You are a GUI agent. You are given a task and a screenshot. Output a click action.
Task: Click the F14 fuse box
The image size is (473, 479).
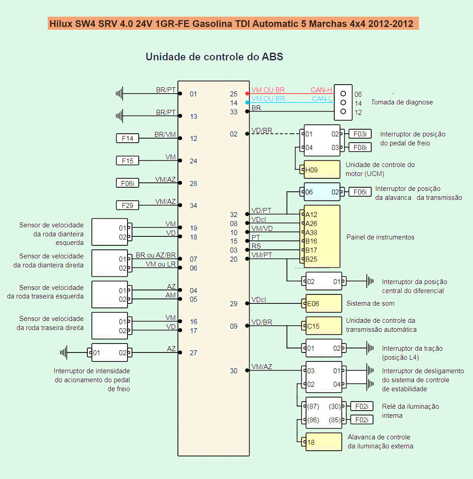click(127, 138)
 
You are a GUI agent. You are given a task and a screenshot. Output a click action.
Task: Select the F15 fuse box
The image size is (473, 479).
click(127, 161)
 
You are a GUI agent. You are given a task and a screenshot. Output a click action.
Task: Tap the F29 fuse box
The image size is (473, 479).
click(127, 205)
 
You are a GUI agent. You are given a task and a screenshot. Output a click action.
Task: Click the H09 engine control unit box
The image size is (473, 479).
click(322, 170)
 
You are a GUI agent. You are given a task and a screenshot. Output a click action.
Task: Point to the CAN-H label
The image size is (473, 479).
click(321, 90)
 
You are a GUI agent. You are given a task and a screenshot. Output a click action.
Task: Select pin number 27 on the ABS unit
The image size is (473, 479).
click(193, 353)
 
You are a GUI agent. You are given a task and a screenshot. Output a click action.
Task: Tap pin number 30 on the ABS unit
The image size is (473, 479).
click(233, 371)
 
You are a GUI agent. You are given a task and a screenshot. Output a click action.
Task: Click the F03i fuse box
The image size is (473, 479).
click(360, 134)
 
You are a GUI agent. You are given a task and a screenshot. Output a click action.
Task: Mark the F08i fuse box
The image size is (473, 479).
click(360, 147)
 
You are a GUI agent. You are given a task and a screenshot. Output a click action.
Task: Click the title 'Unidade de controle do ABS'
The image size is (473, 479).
click(214, 57)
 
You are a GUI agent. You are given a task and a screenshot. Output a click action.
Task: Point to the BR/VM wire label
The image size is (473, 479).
click(165, 134)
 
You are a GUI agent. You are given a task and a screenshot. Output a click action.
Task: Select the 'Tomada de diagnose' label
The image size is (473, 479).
click(402, 102)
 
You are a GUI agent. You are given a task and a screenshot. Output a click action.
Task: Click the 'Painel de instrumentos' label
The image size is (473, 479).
click(380, 237)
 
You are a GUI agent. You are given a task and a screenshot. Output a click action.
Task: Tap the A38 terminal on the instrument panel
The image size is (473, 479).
click(311, 232)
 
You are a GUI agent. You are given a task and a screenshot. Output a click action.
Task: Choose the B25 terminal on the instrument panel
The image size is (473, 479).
click(311, 259)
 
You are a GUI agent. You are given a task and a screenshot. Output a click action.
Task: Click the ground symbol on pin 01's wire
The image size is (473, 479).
click(119, 94)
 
